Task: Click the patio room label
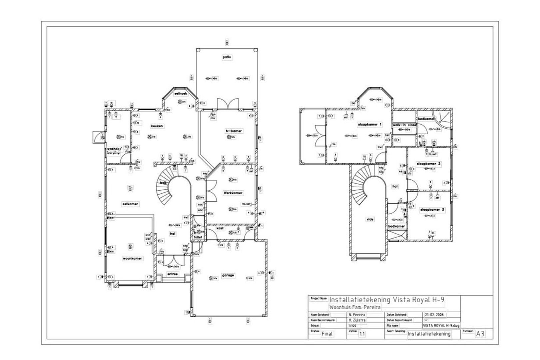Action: click(x=227, y=57)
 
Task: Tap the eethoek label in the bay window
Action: click(x=181, y=94)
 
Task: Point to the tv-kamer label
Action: click(x=234, y=131)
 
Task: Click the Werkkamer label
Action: click(x=233, y=193)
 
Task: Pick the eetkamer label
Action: click(x=130, y=204)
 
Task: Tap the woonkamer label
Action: click(x=133, y=258)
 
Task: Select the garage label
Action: click(x=228, y=276)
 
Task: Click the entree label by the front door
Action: click(x=173, y=274)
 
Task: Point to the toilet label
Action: click(x=198, y=237)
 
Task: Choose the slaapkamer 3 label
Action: click(x=432, y=210)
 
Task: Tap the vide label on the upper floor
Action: click(x=370, y=219)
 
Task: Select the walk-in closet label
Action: click(x=404, y=125)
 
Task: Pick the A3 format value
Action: click(x=480, y=334)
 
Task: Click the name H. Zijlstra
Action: click(x=357, y=320)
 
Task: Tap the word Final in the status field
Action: click(x=327, y=334)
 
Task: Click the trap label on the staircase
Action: click(x=163, y=183)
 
